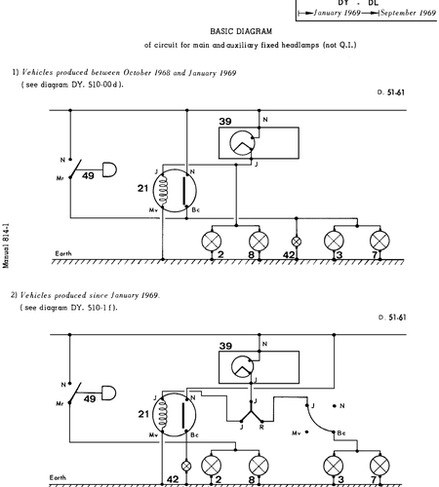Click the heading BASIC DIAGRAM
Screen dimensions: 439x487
pos(241,31)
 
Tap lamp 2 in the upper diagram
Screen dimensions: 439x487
pos(212,242)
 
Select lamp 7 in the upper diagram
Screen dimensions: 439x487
pos(379,241)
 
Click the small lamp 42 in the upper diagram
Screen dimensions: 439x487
pos(296,242)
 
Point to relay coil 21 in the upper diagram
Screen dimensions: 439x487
pos(175,191)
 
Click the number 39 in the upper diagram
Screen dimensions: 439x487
pos(225,122)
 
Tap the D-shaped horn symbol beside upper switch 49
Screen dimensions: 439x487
pos(109,169)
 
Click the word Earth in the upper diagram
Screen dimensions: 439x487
pos(63,253)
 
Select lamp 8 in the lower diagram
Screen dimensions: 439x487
pos(259,466)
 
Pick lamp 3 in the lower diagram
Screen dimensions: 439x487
pos(334,466)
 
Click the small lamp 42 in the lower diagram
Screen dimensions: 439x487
pos(186,467)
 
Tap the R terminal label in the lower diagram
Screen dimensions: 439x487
pos(261,428)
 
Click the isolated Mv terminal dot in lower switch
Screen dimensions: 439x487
pos(306,432)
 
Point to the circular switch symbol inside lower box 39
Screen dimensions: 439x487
pos(242,367)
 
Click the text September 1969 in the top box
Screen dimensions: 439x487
pos(408,13)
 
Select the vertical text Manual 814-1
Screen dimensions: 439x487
pos(6,245)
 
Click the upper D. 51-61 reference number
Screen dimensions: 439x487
pos(391,93)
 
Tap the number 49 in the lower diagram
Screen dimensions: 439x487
pos(90,398)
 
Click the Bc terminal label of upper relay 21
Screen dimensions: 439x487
pos(196,210)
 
